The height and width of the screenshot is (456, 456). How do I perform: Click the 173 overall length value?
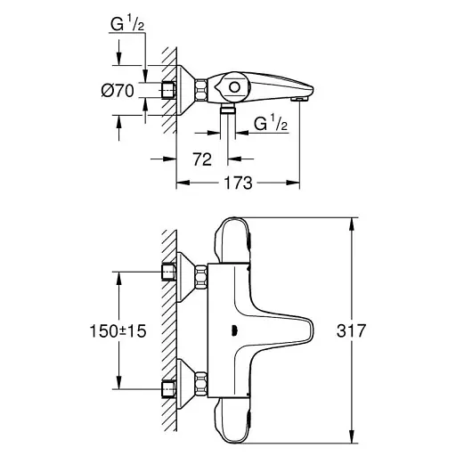pyautogui.click(x=237, y=183)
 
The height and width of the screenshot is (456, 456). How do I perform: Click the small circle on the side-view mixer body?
pyautogui.click(x=234, y=87)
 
